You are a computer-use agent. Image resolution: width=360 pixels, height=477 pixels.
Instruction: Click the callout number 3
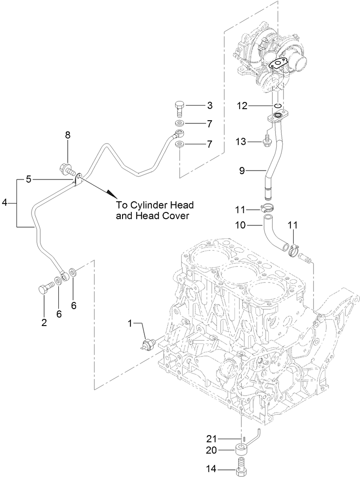point(209,106)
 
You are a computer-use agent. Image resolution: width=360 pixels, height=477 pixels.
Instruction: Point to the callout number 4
point(4,203)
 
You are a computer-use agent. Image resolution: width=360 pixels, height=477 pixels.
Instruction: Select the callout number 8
point(68,135)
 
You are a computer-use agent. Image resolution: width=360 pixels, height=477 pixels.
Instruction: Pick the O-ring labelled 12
point(278,106)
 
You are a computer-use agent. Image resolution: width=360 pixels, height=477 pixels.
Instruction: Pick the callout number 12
point(242,106)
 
